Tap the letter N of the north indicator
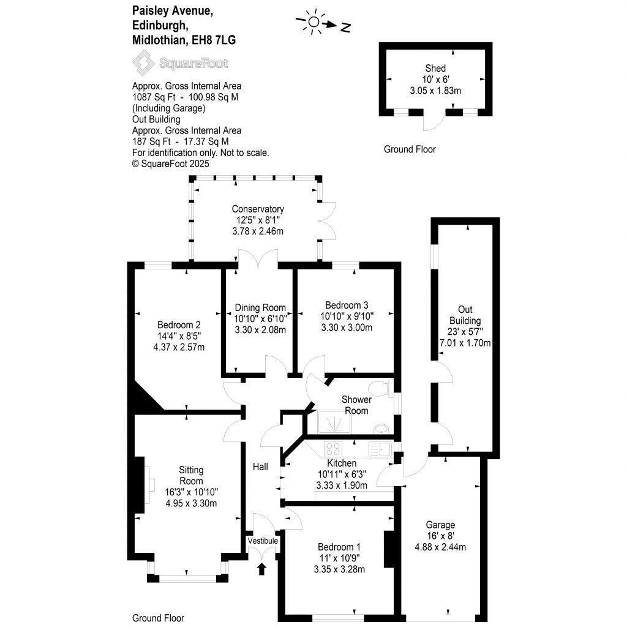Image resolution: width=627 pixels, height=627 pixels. coord(346,27)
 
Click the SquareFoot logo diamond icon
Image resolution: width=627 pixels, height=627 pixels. coord(145,63)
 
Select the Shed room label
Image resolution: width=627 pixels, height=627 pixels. coord(435,68)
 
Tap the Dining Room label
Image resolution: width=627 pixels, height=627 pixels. coord(260,307)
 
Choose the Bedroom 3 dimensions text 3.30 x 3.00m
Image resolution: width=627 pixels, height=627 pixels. coord(347,328)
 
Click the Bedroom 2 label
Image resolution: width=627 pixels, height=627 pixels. coord(179,325)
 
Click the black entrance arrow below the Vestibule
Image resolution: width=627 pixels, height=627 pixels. coord(262,569)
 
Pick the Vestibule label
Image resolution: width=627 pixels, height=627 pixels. coord(263,541)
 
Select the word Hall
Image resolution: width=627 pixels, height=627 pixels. coord(260,467)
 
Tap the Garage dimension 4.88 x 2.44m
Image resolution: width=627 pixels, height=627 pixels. coord(440,547)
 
